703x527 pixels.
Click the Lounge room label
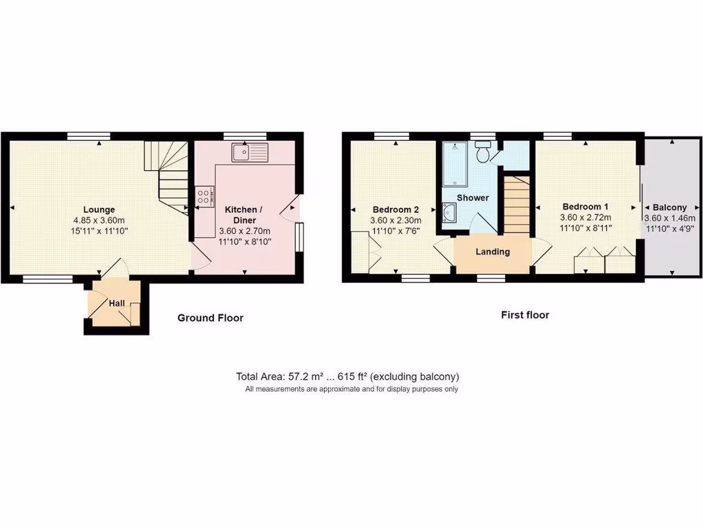point(99,209)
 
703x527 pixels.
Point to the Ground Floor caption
point(210,318)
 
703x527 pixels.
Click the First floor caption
point(525,316)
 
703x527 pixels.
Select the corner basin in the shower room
point(450,214)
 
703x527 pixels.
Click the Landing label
point(493,252)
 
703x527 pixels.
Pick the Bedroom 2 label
point(395,209)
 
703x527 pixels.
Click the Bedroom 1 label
point(585,207)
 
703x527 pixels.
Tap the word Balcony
point(669,207)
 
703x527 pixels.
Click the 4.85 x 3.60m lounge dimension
point(99,220)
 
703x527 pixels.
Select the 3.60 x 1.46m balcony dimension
point(669,218)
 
